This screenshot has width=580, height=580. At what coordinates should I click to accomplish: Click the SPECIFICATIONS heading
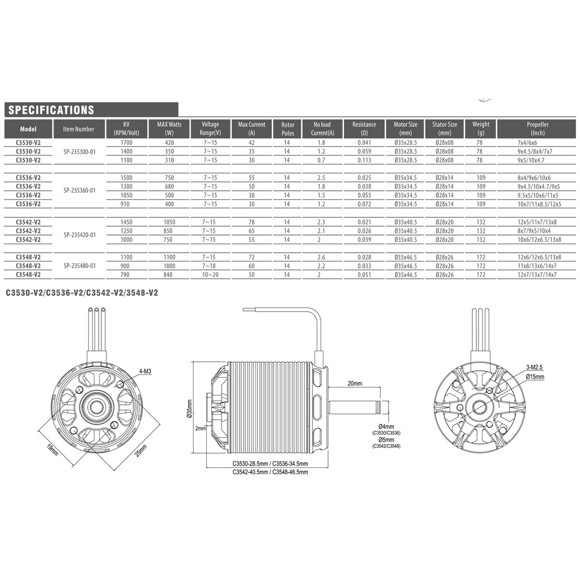click(51, 110)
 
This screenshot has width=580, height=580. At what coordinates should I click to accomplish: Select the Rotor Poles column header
click(288, 129)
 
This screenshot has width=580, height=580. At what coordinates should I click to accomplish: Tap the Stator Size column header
click(445, 129)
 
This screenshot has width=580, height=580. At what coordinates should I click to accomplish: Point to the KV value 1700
click(126, 143)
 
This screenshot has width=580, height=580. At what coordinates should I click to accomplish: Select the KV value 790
click(126, 274)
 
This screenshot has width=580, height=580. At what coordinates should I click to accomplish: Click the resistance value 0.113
click(364, 160)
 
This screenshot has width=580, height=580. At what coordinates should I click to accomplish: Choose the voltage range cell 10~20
click(210, 274)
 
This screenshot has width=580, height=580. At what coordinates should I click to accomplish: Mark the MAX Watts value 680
click(169, 186)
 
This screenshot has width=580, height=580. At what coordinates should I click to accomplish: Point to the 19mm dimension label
click(53, 449)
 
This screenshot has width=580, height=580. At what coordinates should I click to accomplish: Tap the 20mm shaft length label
click(355, 383)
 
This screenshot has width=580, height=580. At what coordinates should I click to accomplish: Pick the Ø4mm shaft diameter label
click(386, 426)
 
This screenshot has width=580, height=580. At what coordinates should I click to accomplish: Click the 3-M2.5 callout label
click(535, 368)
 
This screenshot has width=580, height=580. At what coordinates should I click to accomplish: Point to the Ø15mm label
click(535, 376)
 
